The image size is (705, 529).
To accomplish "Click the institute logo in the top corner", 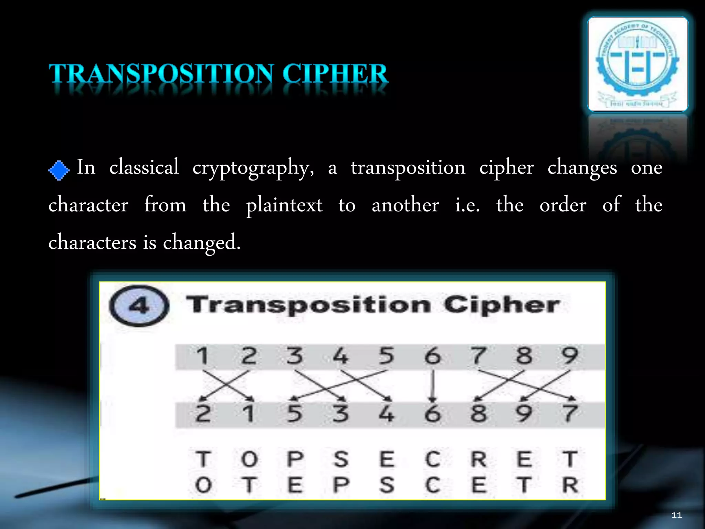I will pyautogui.click(x=638, y=64).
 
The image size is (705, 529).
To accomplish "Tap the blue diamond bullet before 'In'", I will pyautogui.click(x=59, y=170).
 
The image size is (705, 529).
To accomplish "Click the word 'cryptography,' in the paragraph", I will pyautogui.click(x=253, y=168).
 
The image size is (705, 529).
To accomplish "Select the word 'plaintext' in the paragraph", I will pyautogui.click(x=284, y=205).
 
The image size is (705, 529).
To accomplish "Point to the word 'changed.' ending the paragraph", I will pyautogui.click(x=201, y=242).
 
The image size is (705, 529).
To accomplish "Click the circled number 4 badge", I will pyautogui.click(x=139, y=306).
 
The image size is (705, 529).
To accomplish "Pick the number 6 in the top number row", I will pyautogui.click(x=432, y=356).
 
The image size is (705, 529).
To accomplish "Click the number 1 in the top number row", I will pyautogui.click(x=202, y=356).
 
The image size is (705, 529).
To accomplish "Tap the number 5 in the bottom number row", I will pyautogui.click(x=294, y=414).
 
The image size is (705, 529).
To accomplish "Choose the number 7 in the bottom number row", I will pyautogui.click(x=570, y=414).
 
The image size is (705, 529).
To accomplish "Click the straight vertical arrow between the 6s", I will pyautogui.click(x=433, y=385).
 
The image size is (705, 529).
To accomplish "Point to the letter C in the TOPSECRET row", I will pyautogui.click(x=432, y=459).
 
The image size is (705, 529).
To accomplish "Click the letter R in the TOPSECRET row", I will pyautogui.click(x=478, y=459).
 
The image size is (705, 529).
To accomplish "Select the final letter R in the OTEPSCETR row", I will pyautogui.click(x=570, y=485).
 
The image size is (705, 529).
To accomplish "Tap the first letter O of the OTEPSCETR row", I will pyautogui.click(x=203, y=485).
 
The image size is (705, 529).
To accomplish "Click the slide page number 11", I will pyautogui.click(x=676, y=515).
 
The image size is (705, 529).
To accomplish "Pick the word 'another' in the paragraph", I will pyautogui.click(x=405, y=205).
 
